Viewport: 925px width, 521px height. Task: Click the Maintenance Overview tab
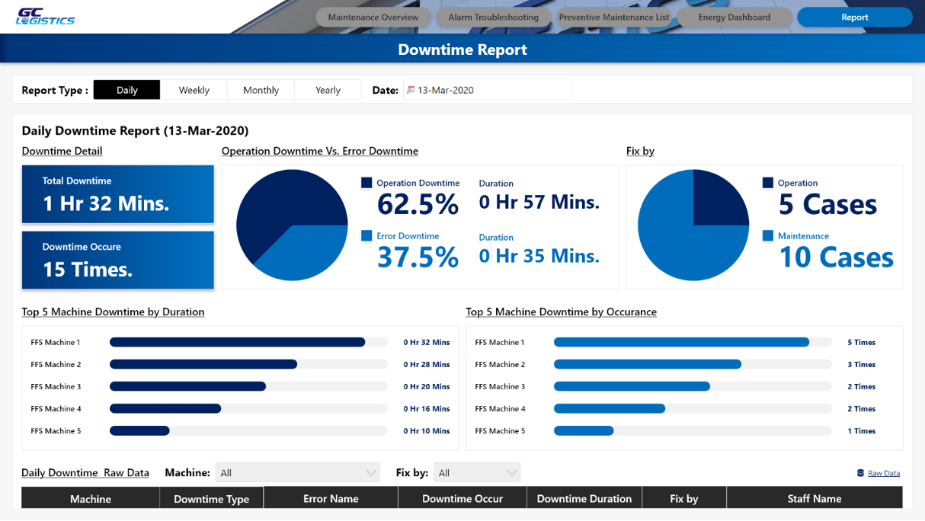[373, 18]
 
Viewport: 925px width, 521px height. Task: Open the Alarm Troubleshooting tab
[494, 18]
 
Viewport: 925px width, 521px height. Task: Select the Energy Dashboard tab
[735, 18]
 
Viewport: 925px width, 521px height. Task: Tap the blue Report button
[855, 18]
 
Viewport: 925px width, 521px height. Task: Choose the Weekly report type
[194, 90]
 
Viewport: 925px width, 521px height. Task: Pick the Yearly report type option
[328, 90]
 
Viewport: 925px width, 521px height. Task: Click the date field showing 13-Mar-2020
[488, 90]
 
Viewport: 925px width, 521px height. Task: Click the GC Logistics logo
[46, 17]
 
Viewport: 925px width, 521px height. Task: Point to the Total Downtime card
[118, 194]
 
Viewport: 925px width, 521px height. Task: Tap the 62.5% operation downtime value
[418, 204]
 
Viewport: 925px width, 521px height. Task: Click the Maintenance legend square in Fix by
[768, 235]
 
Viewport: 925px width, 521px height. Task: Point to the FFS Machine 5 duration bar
[139, 430]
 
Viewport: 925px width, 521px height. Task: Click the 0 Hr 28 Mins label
[427, 365]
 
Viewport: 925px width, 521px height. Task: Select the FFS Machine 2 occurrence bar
[648, 364]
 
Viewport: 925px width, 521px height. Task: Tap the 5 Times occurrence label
[862, 342]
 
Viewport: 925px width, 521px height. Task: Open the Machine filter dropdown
[297, 473]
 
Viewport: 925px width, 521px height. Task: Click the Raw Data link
[883, 473]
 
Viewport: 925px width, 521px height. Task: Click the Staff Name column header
[815, 499]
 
